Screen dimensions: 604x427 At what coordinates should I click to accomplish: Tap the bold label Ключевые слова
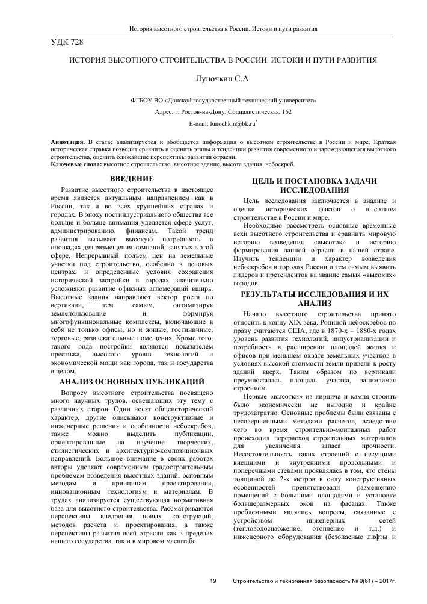point(76,164)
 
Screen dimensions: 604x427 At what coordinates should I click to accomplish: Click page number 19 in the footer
point(213,581)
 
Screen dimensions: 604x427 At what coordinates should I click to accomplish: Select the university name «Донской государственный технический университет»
point(241,101)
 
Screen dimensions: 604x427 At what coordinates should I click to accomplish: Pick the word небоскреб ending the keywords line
point(277,164)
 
